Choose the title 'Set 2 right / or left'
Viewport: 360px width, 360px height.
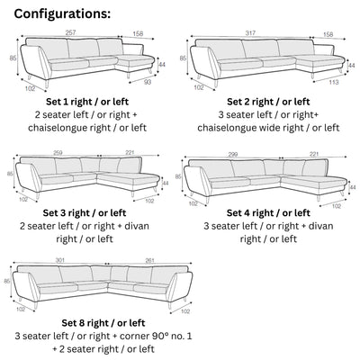pos(268,103)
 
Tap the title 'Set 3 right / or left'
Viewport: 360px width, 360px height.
pos(86,212)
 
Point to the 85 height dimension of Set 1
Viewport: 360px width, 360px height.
pos(12,58)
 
